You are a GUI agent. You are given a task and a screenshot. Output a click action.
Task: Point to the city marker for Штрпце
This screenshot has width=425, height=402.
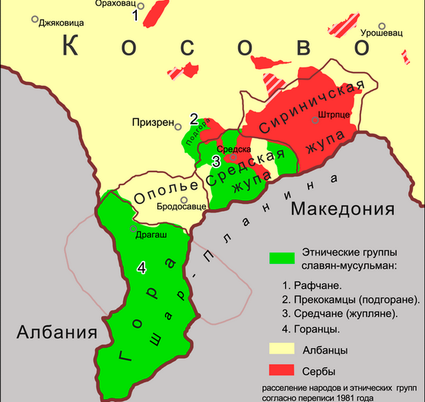(x=315, y=120)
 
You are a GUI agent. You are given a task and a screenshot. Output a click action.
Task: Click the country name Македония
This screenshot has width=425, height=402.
(x=343, y=209)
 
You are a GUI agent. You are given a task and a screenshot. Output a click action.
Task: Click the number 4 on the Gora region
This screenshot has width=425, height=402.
(x=141, y=267)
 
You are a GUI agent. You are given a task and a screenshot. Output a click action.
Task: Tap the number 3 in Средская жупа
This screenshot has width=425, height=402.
(x=216, y=162)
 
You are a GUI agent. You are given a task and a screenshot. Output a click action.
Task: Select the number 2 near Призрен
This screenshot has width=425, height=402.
(x=194, y=119)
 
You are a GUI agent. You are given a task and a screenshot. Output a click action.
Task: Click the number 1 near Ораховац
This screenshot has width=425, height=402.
(x=136, y=16)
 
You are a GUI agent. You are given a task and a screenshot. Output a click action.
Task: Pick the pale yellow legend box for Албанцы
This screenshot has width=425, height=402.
(x=281, y=349)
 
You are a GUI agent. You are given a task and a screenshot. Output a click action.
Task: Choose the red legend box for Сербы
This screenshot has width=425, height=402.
(x=281, y=371)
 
